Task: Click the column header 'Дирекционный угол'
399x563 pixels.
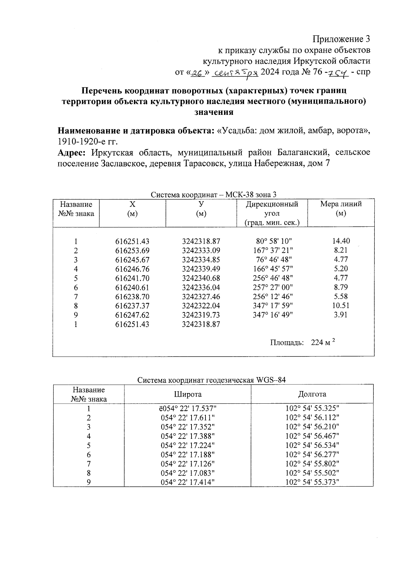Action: (x=272, y=208)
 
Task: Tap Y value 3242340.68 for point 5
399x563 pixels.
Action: (x=201, y=278)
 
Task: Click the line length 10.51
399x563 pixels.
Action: (x=341, y=305)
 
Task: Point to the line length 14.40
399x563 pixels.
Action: (x=341, y=241)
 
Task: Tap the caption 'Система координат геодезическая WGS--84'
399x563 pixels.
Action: (x=211, y=380)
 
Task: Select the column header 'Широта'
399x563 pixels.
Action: (x=188, y=394)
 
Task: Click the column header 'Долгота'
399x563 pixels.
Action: (x=312, y=394)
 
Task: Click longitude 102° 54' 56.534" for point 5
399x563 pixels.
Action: (x=312, y=445)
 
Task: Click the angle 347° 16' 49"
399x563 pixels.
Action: (x=273, y=315)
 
